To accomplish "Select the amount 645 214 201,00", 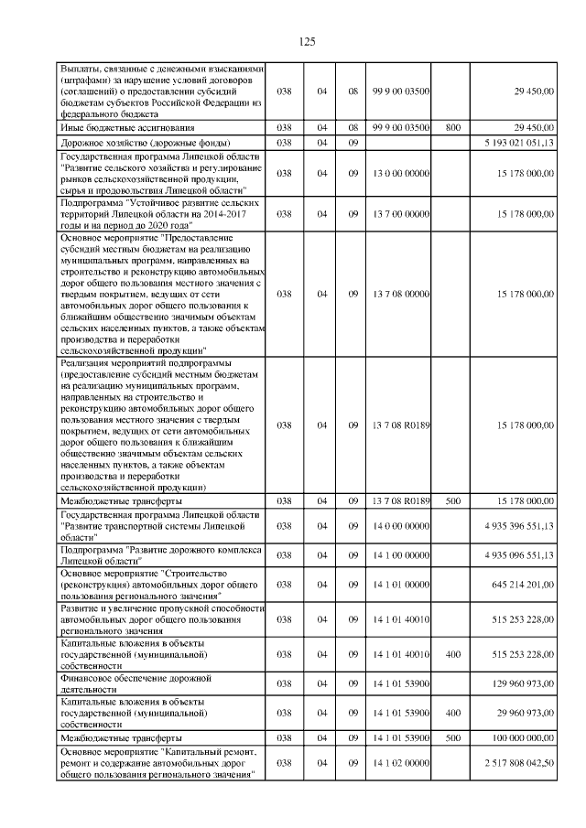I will tap(524, 584).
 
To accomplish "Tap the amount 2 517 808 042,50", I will tap(520, 761).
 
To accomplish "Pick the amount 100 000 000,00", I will tap(522, 737).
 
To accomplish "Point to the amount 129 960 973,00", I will tap(524, 683).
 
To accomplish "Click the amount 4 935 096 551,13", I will tap(519, 554).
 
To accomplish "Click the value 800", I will tap(452, 128).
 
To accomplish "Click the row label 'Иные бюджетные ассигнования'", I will tap(114, 128).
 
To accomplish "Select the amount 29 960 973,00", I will tap(526, 711).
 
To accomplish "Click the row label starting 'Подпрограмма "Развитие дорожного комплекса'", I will tap(160, 554).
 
